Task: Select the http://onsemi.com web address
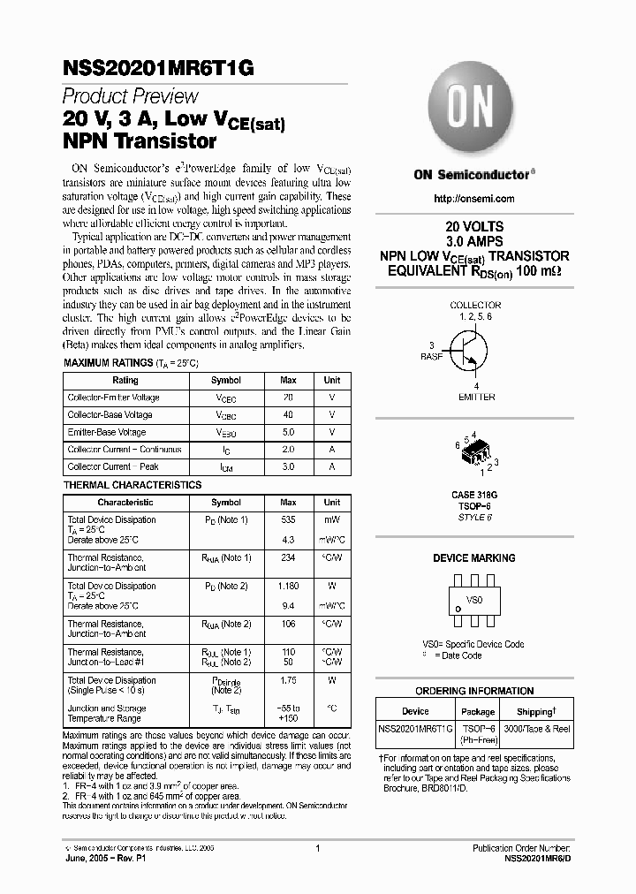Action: pos(474,199)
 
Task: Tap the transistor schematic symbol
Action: pos(468,352)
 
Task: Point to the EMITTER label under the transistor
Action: pos(476,398)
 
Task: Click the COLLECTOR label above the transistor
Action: pos(475,305)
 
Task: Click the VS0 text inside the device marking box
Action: pos(475,600)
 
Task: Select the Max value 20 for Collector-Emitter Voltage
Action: pos(288,398)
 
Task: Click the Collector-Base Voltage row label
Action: pos(110,415)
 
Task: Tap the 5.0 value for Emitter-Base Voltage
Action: pos(288,433)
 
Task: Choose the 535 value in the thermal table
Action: pos(288,520)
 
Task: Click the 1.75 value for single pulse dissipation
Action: pos(288,681)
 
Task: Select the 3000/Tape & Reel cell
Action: pos(537,729)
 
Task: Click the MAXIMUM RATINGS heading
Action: pos(108,363)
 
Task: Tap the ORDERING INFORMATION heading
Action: pos(474,692)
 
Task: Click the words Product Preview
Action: pos(130,96)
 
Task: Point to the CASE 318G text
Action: pos(474,496)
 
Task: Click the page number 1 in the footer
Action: pos(317,848)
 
